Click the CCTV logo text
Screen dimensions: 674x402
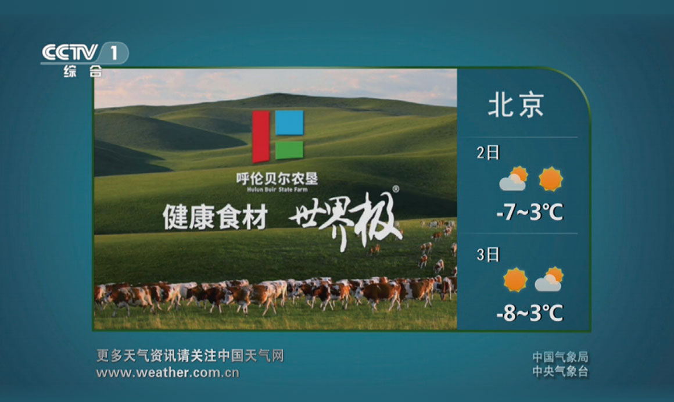point(70,52)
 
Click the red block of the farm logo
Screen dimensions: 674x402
point(260,137)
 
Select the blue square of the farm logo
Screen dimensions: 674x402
point(289,123)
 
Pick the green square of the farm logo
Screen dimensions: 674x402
point(289,150)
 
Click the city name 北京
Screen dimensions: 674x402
point(516,105)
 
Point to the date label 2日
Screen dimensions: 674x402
point(488,153)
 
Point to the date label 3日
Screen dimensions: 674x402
point(488,254)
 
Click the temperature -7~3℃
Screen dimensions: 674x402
point(529,212)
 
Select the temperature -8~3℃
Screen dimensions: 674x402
point(529,313)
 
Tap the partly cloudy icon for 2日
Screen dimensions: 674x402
point(514,179)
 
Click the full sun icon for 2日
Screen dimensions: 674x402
point(551,179)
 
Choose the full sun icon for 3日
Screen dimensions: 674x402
point(515,279)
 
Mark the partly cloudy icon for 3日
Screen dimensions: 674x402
point(549,279)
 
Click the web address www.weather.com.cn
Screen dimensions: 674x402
point(168,372)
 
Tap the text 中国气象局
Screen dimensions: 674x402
point(560,357)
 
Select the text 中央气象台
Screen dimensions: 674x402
point(560,371)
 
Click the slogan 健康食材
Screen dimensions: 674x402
point(215,217)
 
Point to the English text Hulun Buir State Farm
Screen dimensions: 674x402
point(277,189)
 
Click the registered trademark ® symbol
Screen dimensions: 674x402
point(396,189)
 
